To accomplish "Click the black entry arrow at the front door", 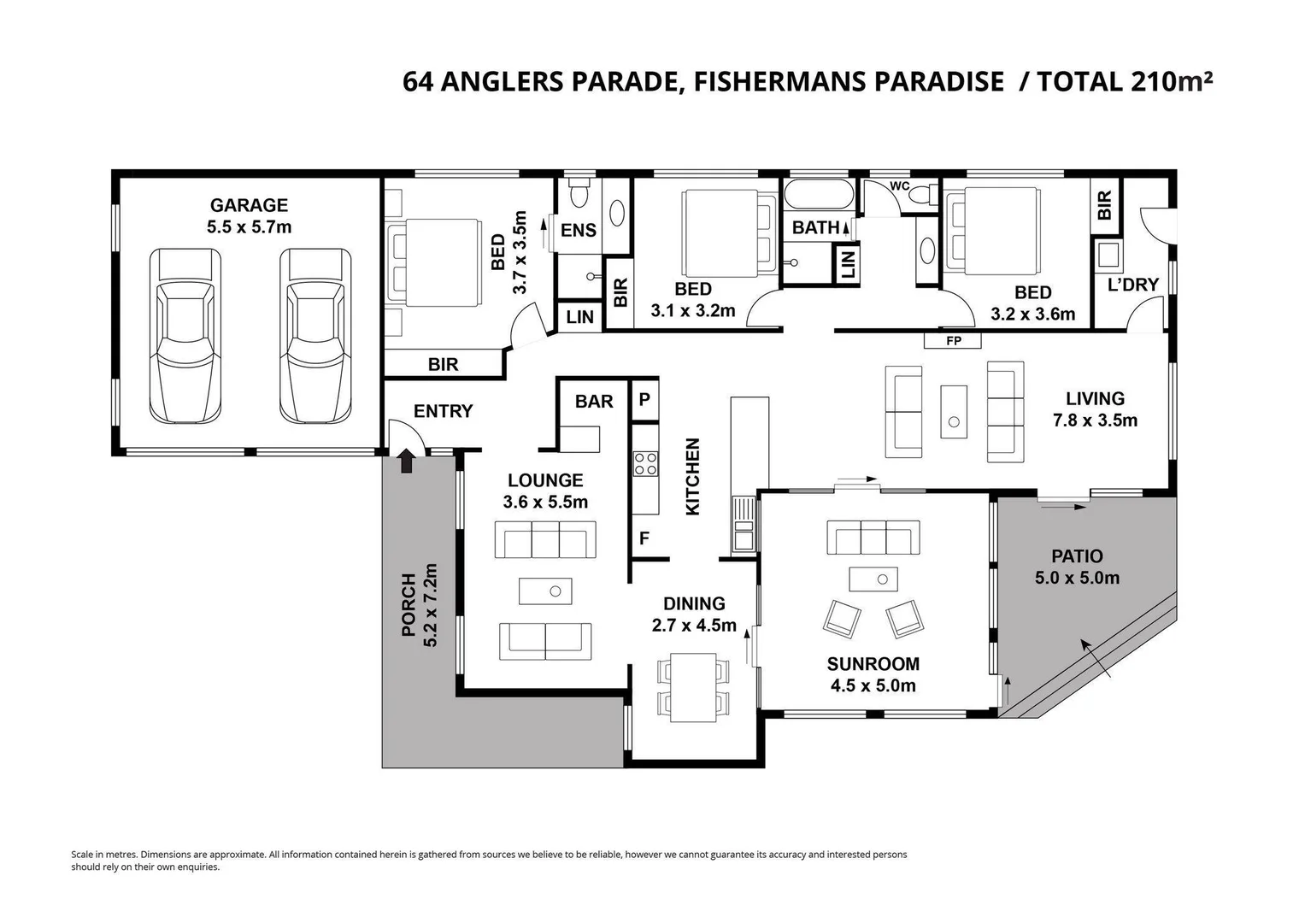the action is coord(407,461).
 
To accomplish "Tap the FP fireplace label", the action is coord(954,341).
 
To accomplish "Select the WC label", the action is coord(900,186).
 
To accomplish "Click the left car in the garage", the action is coord(185,336).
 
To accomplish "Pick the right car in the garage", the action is coord(315,336).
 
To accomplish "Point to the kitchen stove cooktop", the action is coord(645,464).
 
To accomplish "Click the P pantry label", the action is coord(644,400).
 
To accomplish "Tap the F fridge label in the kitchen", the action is coord(644,538).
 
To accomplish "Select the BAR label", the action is coord(594,402).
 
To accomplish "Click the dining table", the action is coord(693,688).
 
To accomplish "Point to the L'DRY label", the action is coord(1133,285).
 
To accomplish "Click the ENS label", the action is coord(579,231).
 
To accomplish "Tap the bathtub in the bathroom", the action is coord(819,194).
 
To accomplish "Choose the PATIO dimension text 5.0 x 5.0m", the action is coord(1077,578).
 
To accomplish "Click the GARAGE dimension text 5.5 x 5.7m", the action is coord(250,226).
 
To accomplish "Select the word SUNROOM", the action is coord(873,664).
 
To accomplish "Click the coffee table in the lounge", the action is coord(545,591).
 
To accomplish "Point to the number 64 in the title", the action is coord(418,82).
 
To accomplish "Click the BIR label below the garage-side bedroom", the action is coord(444,365).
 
